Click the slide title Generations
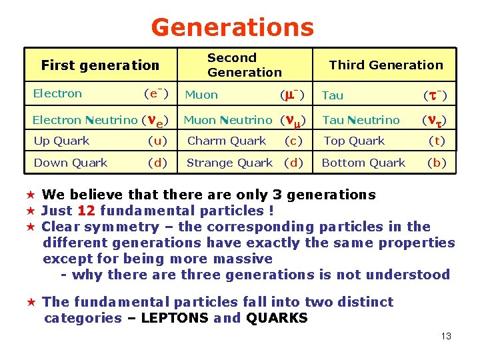click(x=232, y=27)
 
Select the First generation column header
click(x=100, y=65)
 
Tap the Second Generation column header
click(x=244, y=65)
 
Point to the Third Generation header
click(x=386, y=65)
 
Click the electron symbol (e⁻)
click(x=157, y=94)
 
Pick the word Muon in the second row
click(x=201, y=95)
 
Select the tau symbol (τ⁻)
click(x=435, y=95)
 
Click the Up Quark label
click(x=61, y=141)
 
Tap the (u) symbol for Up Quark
click(x=158, y=141)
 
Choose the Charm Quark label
click(x=227, y=141)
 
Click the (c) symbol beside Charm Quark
click(x=293, y=141)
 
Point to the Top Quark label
click(x=354, y=141)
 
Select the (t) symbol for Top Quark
click(x=437, y=141)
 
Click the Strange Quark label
click(x=229, y=163)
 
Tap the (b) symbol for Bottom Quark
click(x=437, y=163)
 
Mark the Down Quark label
click(x=71, y=163)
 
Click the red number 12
click(x=87, y=211)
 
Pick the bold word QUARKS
click(x=277, y=318)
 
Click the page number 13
click(x=446, y=336)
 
